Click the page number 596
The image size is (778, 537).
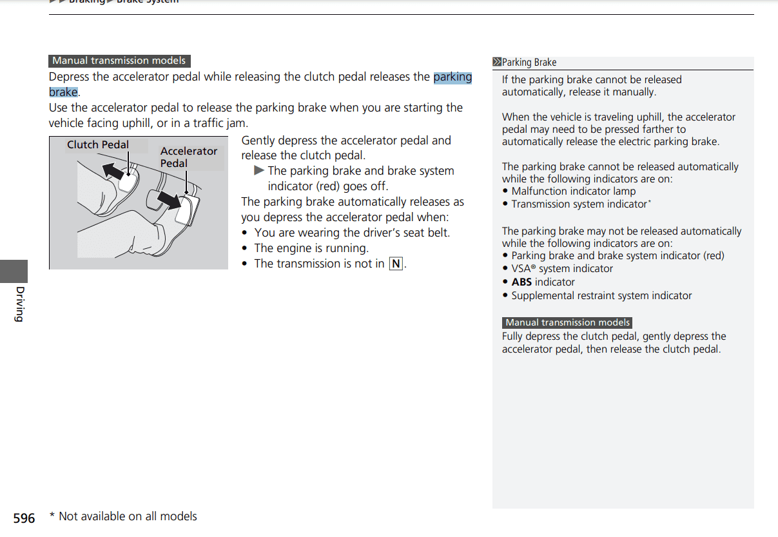coord(24,518)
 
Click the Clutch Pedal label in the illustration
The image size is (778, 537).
coord(98,145)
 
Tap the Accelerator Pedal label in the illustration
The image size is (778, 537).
coord(188,157)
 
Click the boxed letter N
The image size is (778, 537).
coord(396,264)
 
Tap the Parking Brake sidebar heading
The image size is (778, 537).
coord(529,63)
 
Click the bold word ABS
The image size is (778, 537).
coord(521,282)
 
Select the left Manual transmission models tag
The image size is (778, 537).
coord(119,61)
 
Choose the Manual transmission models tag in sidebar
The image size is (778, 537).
coord(567,322)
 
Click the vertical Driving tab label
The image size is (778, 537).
coord(19,303)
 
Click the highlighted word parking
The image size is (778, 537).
coord(452,77)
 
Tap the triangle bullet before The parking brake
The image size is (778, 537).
coord(259,171)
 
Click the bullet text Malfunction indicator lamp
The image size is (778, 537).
coord(573,191)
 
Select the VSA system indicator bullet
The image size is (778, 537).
coord(561,269)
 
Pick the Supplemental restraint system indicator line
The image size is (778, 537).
coord(601,296)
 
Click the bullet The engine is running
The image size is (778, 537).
coord(311,248)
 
